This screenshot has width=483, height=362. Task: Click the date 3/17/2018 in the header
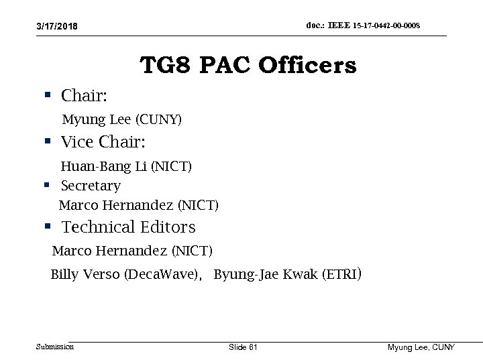pyautogui.click(x=57, y=26)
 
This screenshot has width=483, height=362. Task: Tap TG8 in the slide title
pyautogui.click(x=164, y=66)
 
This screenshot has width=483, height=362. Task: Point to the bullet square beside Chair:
pyautogui.click(x=48, y=95)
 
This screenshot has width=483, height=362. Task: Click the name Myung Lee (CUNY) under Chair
pyautogui.click(x=121, y=120)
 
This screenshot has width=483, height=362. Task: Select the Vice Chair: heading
pyautogui.click(x=103, y=142)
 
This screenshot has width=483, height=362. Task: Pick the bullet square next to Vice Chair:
pyautogui.click(x=48, y=141)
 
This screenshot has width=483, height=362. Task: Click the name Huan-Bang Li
pyautogui.click(x=104, y=166)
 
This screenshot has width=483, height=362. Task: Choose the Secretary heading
pyautogui.click(x=91, y=186)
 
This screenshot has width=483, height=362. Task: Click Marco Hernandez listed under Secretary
pyautogui.click(x=117, y=204)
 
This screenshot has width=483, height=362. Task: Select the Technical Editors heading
pyautogui.click(x=128, y=227)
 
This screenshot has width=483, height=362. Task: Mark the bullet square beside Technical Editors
pyautogui.click(x=48, y=227)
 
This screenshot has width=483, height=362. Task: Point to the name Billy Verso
pyautogui.click(x=85, y=274)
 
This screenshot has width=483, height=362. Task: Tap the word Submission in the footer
pyautogui.click(x=55, y=347)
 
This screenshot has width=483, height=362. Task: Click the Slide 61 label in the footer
pyautogui.click(x=243, y=347)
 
